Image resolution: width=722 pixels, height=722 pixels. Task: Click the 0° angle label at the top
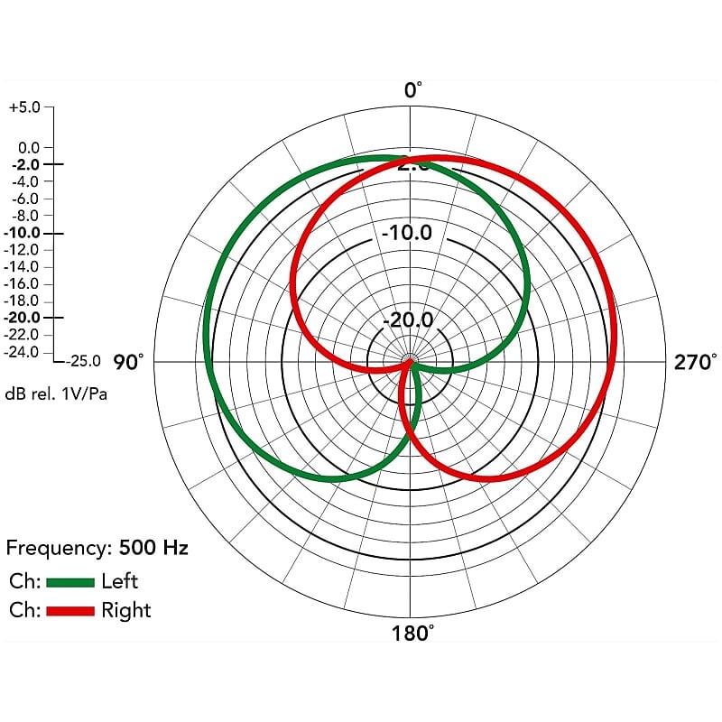click(412, 89)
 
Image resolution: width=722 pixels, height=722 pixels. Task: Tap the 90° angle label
click(129, 363)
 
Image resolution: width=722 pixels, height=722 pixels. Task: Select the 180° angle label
click(413, 632)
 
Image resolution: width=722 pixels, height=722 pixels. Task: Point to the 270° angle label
click(695, 363)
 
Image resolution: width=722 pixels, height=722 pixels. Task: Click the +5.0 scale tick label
click(24, 106)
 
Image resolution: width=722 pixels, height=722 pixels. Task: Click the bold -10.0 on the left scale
click(22, 233)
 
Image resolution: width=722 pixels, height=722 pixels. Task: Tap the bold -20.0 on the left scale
click(22, 318)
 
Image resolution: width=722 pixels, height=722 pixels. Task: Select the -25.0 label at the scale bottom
click(83, 361)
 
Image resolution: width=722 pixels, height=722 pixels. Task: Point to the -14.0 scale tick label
click(23, 267)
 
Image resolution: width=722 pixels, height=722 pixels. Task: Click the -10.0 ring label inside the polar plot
click(407, 233)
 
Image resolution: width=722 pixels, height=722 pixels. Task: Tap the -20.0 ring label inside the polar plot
click(407, 320)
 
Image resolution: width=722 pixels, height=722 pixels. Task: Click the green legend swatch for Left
click(69, 581)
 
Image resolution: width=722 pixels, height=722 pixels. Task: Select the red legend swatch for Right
click(69, 611)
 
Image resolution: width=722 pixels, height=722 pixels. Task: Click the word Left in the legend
click(120, 581)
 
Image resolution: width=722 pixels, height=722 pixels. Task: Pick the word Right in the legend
click(126, 611)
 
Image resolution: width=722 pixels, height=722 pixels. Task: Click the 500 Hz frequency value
click(153, 548)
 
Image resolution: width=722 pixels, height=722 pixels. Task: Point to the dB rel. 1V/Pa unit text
click(56, 393)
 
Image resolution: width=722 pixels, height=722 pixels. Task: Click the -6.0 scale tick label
click(23, 199)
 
